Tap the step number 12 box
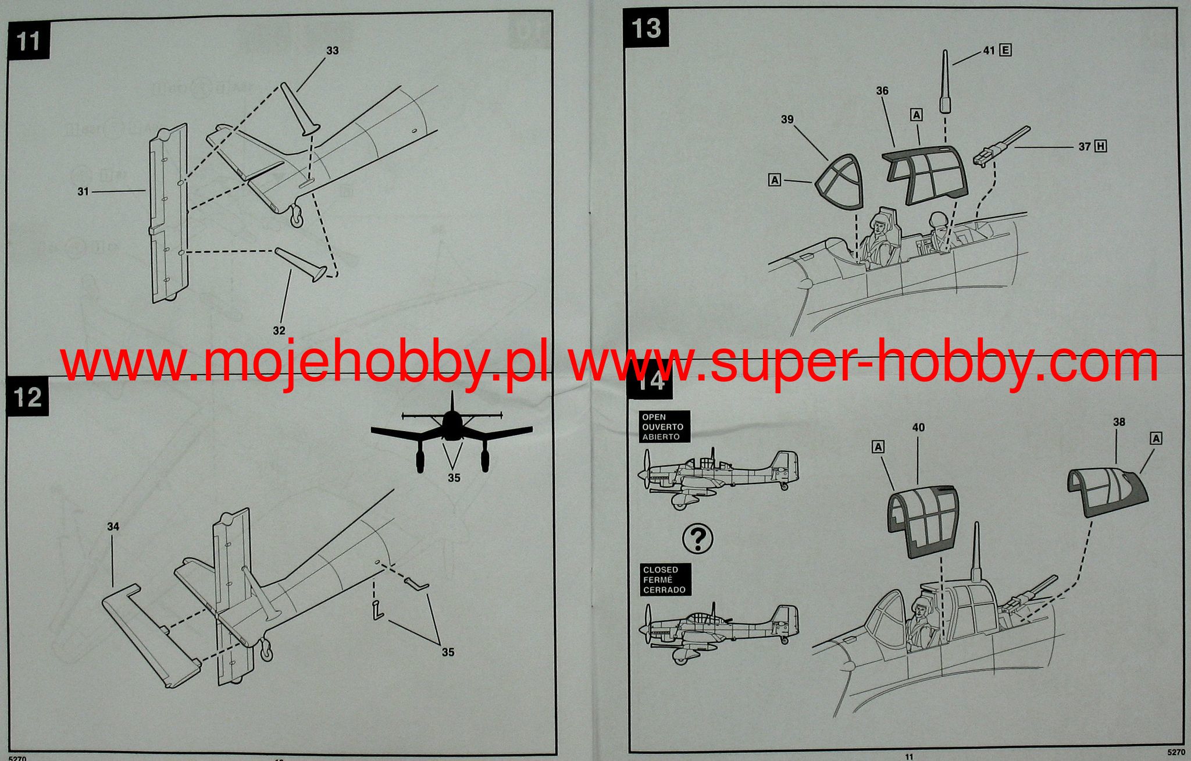coord(28,398)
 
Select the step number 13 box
coord(646,28)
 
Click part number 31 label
coord(83,191)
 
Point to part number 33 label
coord(332,51)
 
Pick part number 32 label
coord(279,330)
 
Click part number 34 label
coord(113,527)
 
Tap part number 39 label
coord(787,119)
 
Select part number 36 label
coord(882,91)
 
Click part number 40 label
coord(918,428)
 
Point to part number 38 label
coord(1118,422)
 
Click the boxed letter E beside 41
coord(1004,51)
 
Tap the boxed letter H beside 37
coord(1100,147)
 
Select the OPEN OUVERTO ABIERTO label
coord(662,427)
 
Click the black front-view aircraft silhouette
coord(451,433)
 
